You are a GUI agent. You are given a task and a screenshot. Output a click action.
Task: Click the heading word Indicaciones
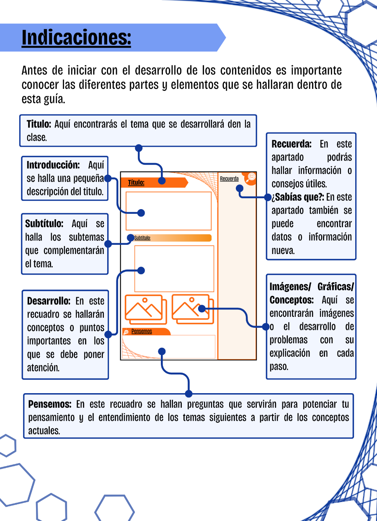tap(76, 38)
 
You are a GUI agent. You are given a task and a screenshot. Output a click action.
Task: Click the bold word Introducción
tap(53, 165)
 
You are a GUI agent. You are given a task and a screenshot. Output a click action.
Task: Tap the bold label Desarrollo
tap(49, 301)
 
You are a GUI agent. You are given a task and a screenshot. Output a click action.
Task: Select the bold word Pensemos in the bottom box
tap(50, 404)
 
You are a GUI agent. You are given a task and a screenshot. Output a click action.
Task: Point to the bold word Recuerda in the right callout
tap(292, 144)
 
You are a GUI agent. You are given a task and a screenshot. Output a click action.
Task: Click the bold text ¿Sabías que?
tap(298, 197)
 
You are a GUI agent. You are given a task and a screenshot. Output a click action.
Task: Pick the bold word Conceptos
tap(292, 300)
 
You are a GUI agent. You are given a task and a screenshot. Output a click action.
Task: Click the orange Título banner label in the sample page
tap(136, 183)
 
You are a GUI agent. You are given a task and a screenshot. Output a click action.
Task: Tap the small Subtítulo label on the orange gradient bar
tap(142, 238)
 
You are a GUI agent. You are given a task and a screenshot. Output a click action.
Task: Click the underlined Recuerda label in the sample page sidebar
tap(229, 179)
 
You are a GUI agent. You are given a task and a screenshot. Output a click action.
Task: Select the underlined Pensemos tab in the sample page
tap(142, 331)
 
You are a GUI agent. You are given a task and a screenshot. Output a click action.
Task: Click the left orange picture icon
tap(146, 309)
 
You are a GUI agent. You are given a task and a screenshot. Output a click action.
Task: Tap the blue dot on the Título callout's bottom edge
tap(139, 148)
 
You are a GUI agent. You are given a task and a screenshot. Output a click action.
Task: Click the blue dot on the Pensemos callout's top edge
tap(189, 394)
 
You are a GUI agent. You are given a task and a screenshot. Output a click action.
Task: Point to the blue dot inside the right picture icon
tap(202, 309)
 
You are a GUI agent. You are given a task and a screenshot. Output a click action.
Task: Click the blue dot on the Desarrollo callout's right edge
tap(108, 334)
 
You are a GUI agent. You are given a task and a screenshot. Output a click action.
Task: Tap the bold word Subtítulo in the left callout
tap(44, 224)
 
